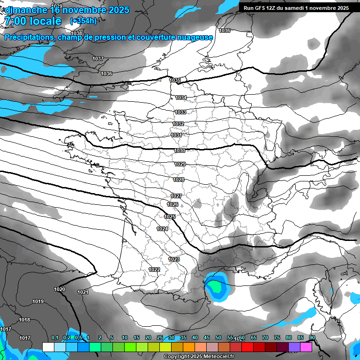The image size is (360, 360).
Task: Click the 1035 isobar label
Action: [x=175, y=81]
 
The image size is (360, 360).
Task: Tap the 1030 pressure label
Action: [x=180, y=150]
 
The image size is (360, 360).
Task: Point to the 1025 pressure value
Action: [x=170, y=217]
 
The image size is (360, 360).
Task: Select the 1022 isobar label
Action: [x=154, y=270]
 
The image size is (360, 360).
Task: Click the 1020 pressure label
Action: [x=60, y=289]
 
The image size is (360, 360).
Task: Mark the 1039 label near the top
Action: [x=56, y=6]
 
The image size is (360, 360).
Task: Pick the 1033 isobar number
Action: [x=180, y=112]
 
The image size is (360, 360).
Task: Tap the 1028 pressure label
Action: [x=179, y=180]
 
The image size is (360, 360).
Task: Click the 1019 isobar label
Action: [x=38, y=301]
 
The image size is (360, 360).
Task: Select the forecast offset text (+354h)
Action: [x=83, y=21]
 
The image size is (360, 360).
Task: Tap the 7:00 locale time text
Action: [x=32, y=21]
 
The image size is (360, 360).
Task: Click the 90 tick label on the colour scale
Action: [x=312, y=337]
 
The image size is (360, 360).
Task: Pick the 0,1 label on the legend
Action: [x=55, y=337]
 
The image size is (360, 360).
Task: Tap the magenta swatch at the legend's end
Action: [x=306, y=347]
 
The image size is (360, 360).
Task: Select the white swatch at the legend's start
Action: [x=48, y=347]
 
